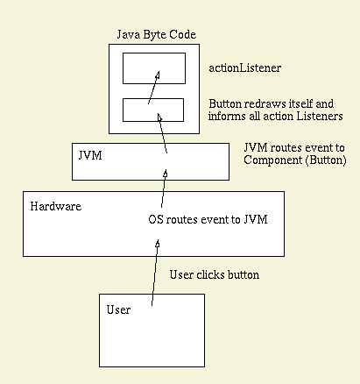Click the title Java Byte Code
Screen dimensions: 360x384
(x=157, y=35)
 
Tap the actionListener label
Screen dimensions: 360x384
(x=245, y=68)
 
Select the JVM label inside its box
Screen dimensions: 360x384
(x=90, y=155)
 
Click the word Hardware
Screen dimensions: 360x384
(x=56, y=206)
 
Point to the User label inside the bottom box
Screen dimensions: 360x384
(x=118, y=309)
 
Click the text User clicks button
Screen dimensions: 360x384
(x=215, y=274)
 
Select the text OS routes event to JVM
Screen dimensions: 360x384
(x=208, y=219)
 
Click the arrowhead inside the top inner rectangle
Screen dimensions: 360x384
(x=158, y=75)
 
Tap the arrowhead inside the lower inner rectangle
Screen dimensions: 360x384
(x=159, y=117)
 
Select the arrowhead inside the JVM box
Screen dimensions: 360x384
(x=166, y=174)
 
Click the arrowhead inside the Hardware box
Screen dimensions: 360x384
(x=158, y=244)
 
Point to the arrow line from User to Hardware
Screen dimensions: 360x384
(x=155, y=273)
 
